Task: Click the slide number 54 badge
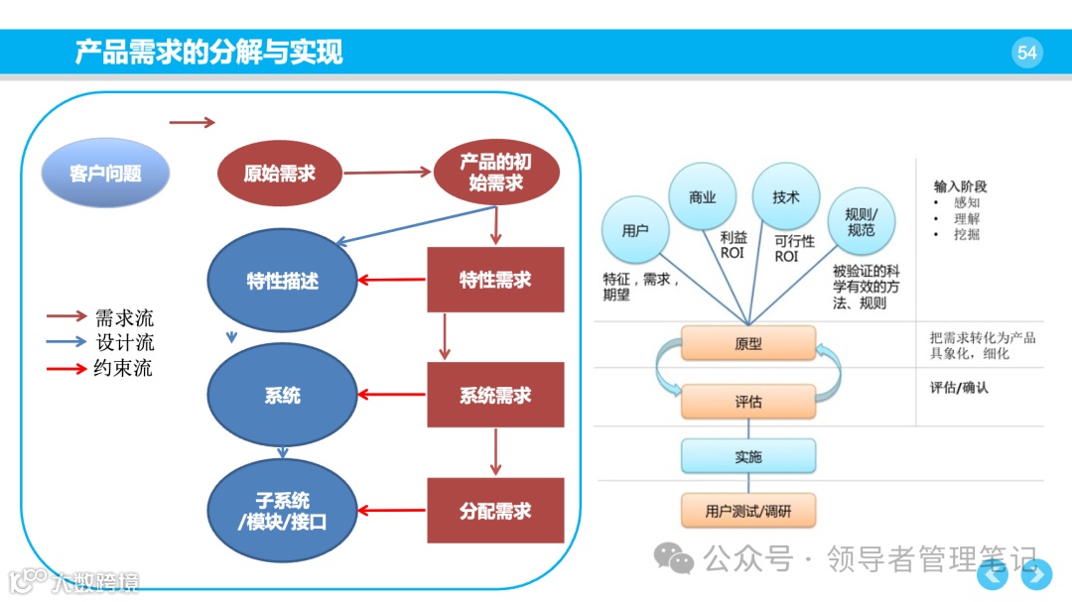[x=1027, y=53]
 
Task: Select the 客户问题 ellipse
[x=105, y=174]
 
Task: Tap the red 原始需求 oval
[x=279, y=174]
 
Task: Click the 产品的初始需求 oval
[x=496, y=174]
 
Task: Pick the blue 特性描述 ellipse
[x=282, y=281]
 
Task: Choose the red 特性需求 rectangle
[x=495, y=280]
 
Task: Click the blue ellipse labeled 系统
[x=282, y=396]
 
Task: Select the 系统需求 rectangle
[x=495, y=396]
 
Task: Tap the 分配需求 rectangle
[x=495, y=511]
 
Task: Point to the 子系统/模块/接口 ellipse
[x=282, y=511]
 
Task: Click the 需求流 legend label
[x=124, y=318]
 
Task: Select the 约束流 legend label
[x=124, y=369]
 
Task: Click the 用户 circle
[x=635, y=230]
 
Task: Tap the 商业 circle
[x=703, y=197]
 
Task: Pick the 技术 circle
[x=786, y=197]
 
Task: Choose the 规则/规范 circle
[x=861, y=222]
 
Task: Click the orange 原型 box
[x=748, y=344]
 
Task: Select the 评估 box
[x=748, y=403]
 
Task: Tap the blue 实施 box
[x=748, y=457]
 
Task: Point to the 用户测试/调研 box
[x=748, y=512]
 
